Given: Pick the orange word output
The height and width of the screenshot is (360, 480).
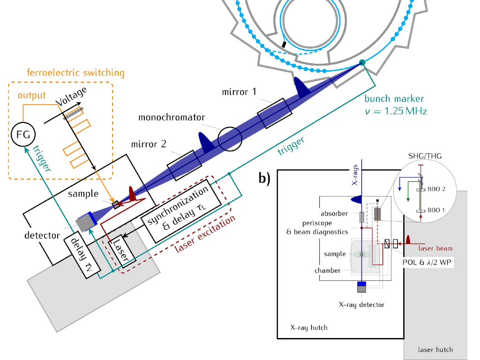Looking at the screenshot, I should coord(32,95).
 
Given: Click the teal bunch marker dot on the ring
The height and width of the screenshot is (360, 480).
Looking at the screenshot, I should coord(362,62).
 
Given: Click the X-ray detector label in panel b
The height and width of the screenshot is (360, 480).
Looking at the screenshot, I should coord(361,305).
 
